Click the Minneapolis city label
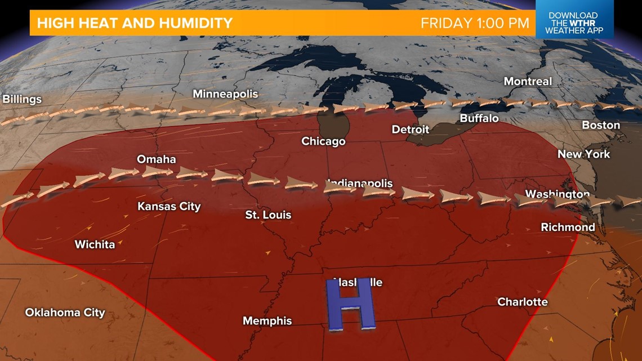point(225,94)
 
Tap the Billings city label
point(23,100)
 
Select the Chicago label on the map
point(323,141)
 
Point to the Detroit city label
point(411,130)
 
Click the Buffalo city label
point(479,118)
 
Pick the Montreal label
point(528,82)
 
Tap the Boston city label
point(601,125)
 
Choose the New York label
point(584,154)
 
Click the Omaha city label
point(157,159)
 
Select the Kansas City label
point(169,207)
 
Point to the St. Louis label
point(268,215)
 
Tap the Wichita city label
point(95,244)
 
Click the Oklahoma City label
point(65,312)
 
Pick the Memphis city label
point(267,321)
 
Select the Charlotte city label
point(522,302)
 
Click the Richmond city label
point(568,228)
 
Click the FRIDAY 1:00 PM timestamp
point(475,23)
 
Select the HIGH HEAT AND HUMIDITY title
point(135,23)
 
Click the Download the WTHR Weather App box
point(574,23)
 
